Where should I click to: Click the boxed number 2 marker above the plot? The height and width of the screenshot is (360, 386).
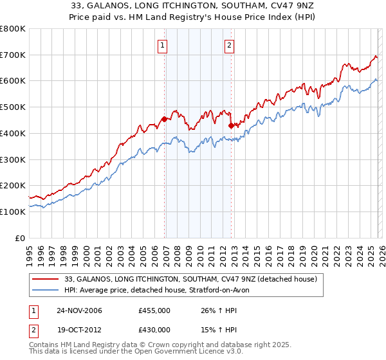(x=229, y=46)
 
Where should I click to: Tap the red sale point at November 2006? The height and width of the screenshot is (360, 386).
(x=164, y=119)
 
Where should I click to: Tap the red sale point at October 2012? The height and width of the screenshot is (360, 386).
(x=231, y=125)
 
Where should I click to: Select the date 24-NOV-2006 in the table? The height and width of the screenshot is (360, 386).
(x=79, y=310)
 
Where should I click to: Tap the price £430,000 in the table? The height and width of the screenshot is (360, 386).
(x=154, y=329)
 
